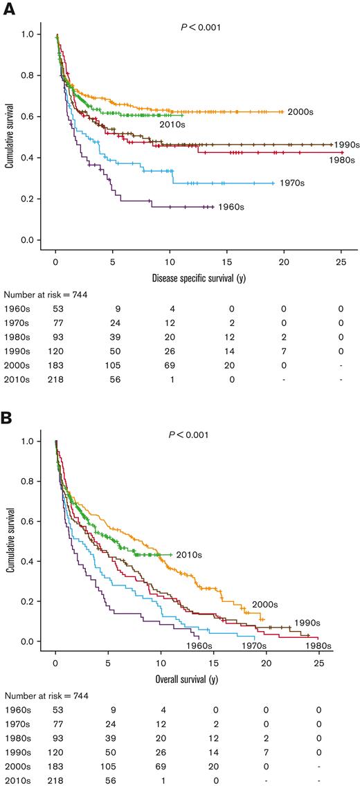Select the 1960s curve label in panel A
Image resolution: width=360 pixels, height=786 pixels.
231,207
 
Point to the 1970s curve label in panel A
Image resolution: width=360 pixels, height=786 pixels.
291,183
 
